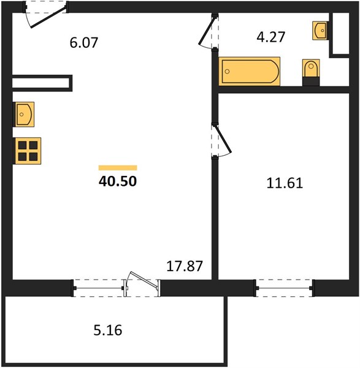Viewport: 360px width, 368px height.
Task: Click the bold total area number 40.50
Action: tap(118, 182)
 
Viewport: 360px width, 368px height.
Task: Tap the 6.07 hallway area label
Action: tap(84, 43)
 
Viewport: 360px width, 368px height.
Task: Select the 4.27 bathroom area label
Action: tap(271, 37)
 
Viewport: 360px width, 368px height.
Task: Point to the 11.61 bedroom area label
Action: tap(285, 183)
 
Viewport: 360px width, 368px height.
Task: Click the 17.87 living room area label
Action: tap(185, 266)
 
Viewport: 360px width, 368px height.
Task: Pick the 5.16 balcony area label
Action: tap(108, 330)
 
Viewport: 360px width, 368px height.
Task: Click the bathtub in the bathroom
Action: tap(249, 71)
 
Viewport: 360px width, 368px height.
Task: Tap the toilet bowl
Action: tap(311, 68)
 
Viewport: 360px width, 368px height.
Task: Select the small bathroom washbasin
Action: tap(320, 31)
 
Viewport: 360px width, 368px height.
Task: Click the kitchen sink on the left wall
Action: tap(24, 114)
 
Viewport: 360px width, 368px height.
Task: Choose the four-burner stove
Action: tap(27, 151)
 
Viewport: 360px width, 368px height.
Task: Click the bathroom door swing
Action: tap(208, 32)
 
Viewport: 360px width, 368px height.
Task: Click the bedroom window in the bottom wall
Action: tap(284, 288)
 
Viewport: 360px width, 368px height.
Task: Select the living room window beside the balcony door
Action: tap(98, 288)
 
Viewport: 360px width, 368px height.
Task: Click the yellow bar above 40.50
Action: tap(118, 167)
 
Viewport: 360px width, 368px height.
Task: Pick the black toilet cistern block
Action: tap(311, 82)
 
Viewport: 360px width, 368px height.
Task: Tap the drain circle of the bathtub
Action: tap(227, 71)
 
